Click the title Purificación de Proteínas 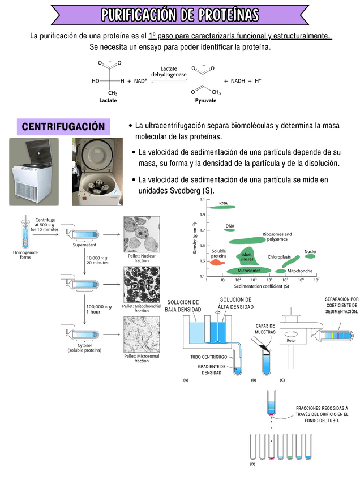tap(180, 14)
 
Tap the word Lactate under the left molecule tap(108, 100)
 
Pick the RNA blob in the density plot tap(222, 208)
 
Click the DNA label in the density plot tap(230, 226)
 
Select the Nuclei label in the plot tap(310, 251)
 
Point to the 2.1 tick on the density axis tap(203, 200)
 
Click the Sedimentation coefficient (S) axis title tap(262, 286)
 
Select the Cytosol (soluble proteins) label tap(84, 347)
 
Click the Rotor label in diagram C tap(292, 341)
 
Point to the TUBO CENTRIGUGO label tap(208, 357)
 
